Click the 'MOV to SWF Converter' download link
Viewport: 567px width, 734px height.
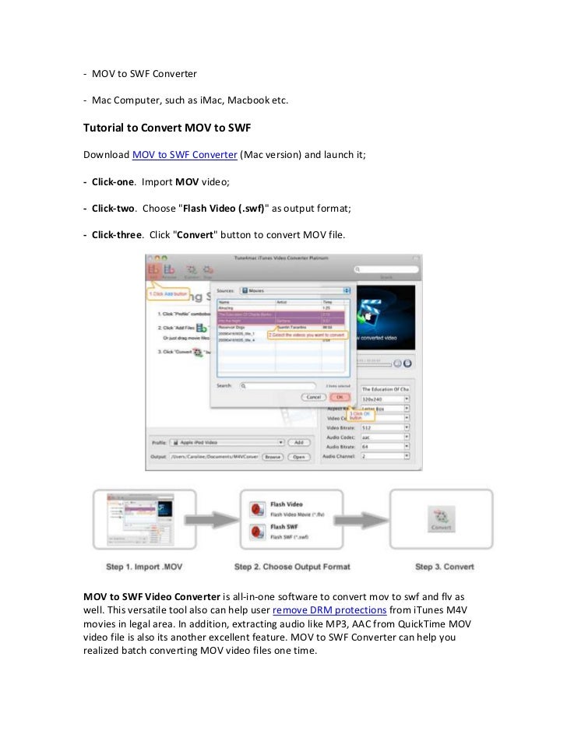coord(185,155)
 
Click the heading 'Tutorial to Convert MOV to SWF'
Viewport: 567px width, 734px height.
coord(167,127)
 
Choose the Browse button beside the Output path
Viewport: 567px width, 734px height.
coord(272,457)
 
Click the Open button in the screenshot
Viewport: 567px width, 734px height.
coord(298,457)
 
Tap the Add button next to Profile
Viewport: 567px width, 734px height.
coord(298,442)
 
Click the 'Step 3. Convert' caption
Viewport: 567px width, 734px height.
coord(445,566)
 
